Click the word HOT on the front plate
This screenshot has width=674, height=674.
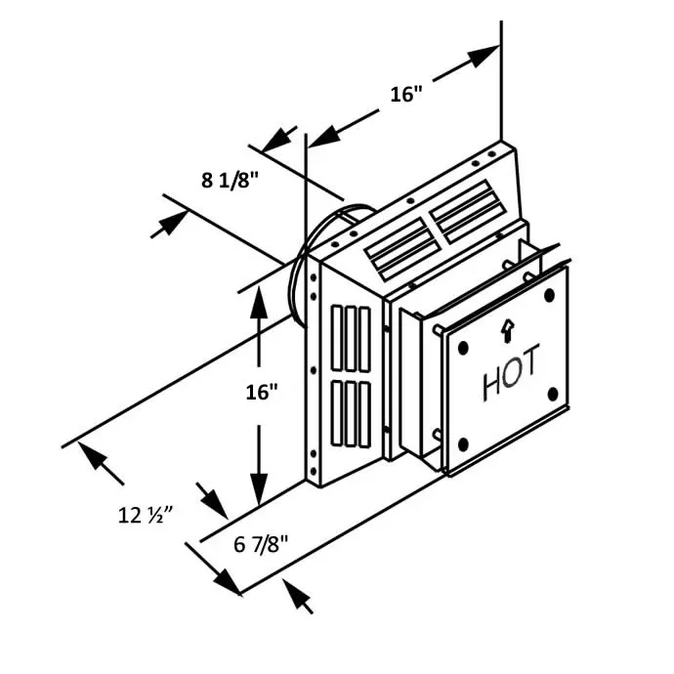(511, 373)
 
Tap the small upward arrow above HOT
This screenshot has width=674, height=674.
(508, 331)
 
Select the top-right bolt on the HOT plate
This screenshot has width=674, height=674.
(549, 295)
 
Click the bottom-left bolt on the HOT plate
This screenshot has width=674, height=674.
(462, 444)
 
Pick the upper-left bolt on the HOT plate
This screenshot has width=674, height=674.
(463, 348)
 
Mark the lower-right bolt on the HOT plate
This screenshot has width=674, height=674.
(553, 394)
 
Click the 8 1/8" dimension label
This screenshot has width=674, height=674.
(230, 180)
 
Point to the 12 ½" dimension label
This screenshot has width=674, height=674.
(146, 515)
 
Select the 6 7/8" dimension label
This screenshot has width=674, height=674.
(261, 545)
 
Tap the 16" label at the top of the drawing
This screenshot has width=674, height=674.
(406, 94)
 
